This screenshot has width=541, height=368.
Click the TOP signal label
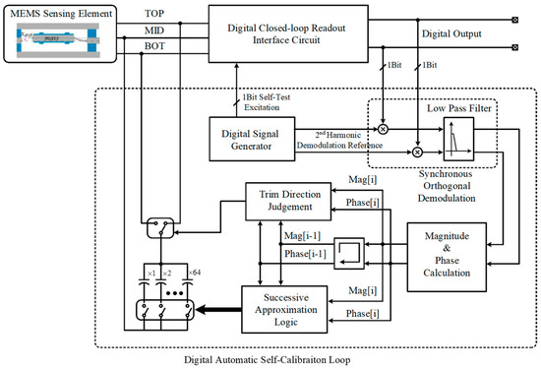[155, 15]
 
